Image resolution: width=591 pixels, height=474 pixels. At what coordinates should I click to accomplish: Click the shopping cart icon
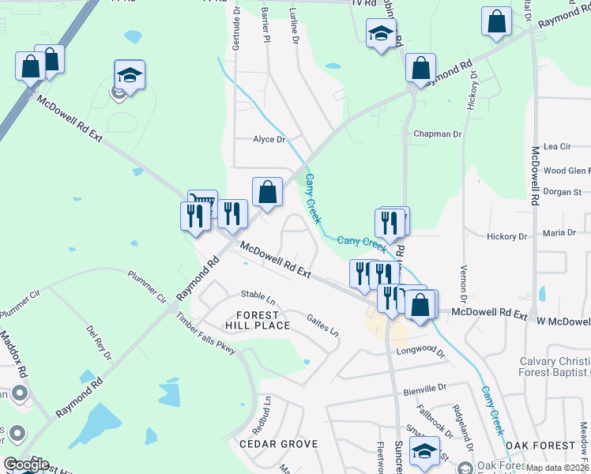click(x=203, y=204)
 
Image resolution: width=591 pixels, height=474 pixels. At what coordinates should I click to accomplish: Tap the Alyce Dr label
click(x=268, y=139)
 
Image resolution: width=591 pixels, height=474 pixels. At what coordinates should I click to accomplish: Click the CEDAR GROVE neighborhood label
click(x=278, y=444)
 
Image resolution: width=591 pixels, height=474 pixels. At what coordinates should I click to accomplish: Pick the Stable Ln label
click(x=258, y=300)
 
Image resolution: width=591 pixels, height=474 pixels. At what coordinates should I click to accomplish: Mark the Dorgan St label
click(x=562, y=192)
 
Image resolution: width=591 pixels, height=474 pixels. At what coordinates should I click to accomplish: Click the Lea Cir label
click(x=557, y=146)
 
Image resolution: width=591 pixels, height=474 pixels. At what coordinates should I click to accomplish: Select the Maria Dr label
click(x=559, y=233)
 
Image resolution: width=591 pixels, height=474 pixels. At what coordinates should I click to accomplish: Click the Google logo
click(x=25, y=465)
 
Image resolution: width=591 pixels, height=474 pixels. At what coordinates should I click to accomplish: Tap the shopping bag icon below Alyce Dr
click(x=267, y=192)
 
